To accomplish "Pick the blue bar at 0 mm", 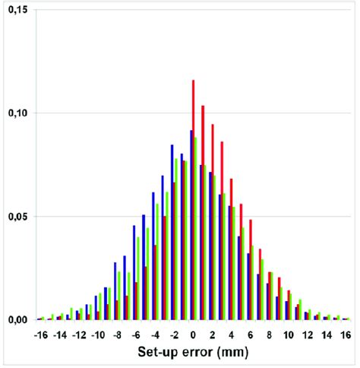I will point(191,225).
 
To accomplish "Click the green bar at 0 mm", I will point(196,228).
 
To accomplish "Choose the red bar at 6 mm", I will point(251,270).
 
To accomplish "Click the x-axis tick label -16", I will point(41,335).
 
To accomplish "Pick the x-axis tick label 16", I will point(346,335).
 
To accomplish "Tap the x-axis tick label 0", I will point(193,335).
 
